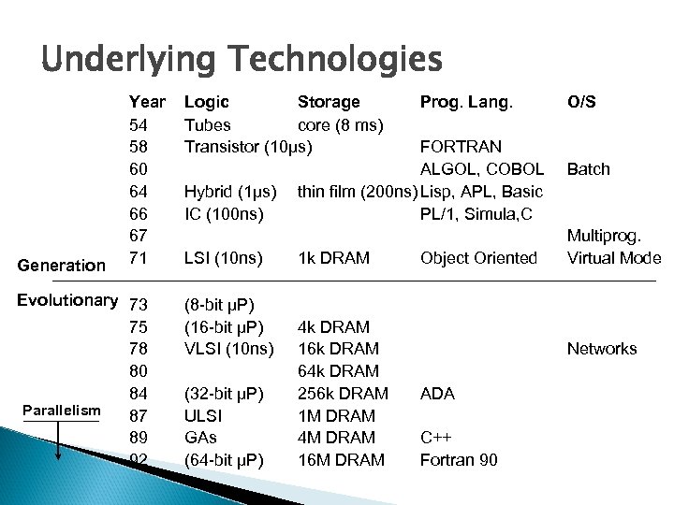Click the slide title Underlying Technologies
241,60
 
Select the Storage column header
328,102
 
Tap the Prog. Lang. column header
466,102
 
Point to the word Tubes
208,124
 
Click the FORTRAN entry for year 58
462,147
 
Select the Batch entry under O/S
588,169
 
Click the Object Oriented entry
479,258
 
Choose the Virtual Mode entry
614,258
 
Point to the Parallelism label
61,411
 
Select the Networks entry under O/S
602,349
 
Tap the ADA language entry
437,394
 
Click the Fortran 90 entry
459,460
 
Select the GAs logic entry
200,438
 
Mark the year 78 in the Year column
138,349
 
